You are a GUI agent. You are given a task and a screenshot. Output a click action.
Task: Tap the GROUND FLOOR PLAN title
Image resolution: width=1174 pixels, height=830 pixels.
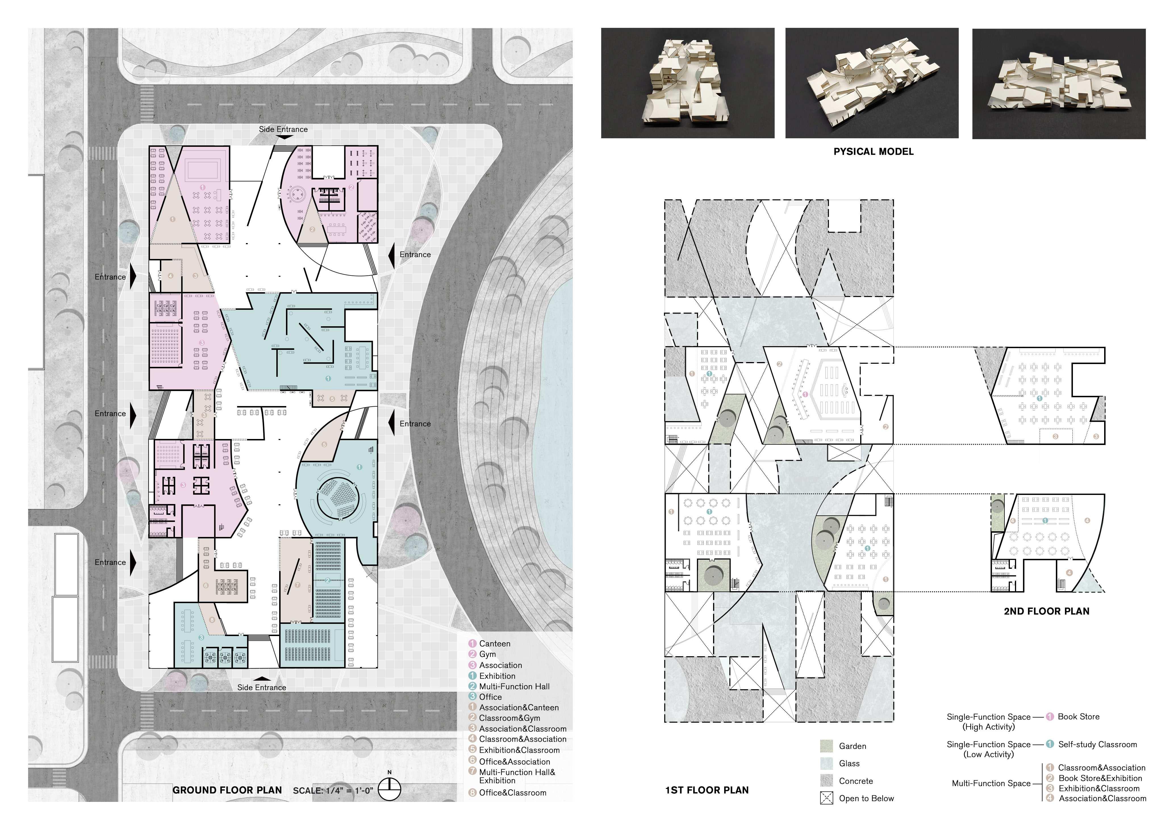point(227,790)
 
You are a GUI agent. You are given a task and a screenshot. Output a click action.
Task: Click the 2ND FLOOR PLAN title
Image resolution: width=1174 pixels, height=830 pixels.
point(1046,611)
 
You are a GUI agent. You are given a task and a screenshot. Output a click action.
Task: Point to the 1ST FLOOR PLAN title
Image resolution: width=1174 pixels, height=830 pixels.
point(707,790)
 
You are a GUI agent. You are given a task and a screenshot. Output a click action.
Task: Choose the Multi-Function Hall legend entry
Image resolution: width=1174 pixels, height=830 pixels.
point(514,686)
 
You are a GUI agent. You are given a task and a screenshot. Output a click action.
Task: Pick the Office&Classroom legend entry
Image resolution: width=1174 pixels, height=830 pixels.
point(512,793)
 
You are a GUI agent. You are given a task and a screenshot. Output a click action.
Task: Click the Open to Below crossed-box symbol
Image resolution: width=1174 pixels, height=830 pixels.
point(826,798)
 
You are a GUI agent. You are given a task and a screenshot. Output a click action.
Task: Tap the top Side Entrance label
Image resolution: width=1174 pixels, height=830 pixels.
point(283,129)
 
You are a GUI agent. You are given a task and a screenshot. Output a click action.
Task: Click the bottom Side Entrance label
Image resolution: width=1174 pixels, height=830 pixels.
point(262,687)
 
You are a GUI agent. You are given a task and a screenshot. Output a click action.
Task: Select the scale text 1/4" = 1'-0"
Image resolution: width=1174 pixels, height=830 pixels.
point(333,791)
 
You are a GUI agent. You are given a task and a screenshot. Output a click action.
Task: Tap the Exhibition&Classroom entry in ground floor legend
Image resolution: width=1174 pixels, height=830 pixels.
point(519,750)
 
